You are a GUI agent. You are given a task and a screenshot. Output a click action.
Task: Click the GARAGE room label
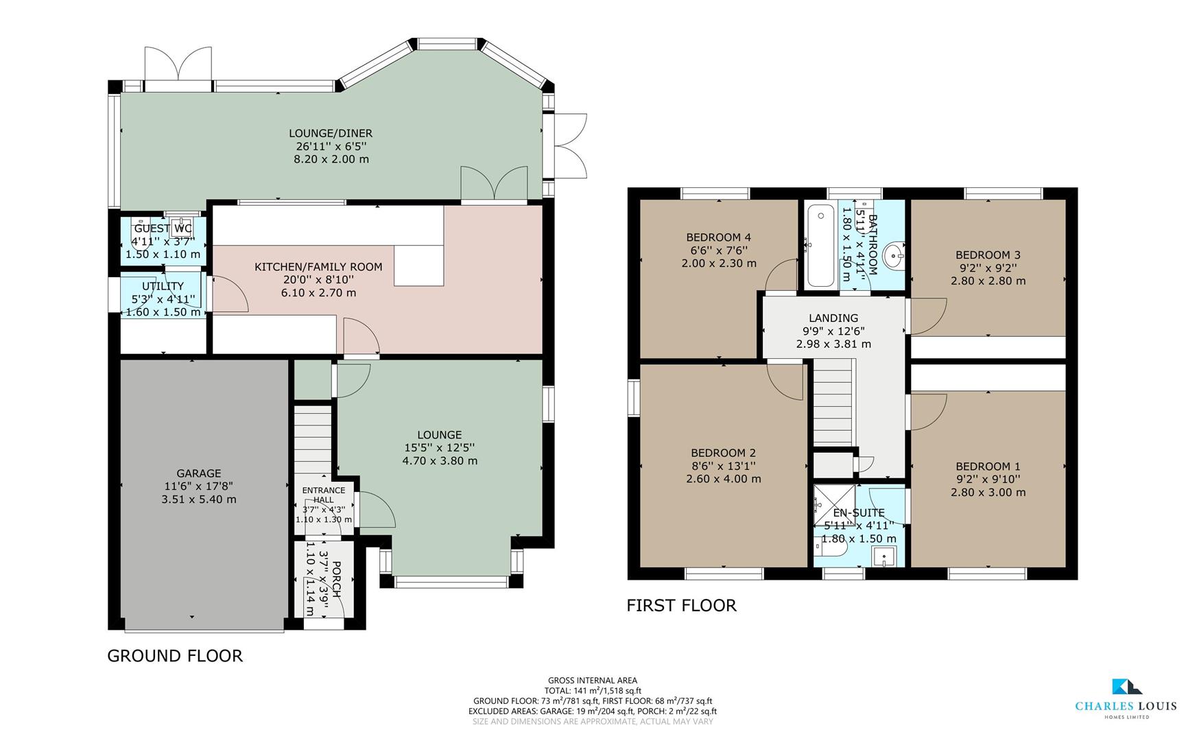click(x=199, y=473)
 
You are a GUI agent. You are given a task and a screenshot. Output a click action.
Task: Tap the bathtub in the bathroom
click(x=820, y=245)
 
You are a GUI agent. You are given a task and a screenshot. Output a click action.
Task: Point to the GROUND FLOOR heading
click(x=175, y=656)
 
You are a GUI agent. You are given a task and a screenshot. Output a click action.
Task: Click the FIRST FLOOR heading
click(x=681, y=605)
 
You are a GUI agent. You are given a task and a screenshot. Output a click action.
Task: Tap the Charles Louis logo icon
click(x=1126, y=687)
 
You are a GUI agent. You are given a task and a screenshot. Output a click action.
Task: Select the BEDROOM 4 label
click(x=719, y=237)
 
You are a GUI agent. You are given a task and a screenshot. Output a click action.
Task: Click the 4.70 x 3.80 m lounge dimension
click(x=440, y=461)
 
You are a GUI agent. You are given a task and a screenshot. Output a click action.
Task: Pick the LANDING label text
click(x=833, y=318)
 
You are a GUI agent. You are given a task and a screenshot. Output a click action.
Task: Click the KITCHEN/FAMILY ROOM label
click(x=318, y=267)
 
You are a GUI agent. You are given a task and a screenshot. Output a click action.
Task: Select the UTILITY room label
click(x=163, y=286)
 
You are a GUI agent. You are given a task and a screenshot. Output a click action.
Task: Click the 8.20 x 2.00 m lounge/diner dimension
click(x=331, y=159)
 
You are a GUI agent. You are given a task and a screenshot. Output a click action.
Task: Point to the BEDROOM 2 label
click(x=723, y=453)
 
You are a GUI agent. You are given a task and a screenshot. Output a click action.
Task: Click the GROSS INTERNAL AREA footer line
click(x=593, y=681)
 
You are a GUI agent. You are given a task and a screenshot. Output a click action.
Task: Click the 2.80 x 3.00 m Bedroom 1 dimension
click(x=988, y=493)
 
